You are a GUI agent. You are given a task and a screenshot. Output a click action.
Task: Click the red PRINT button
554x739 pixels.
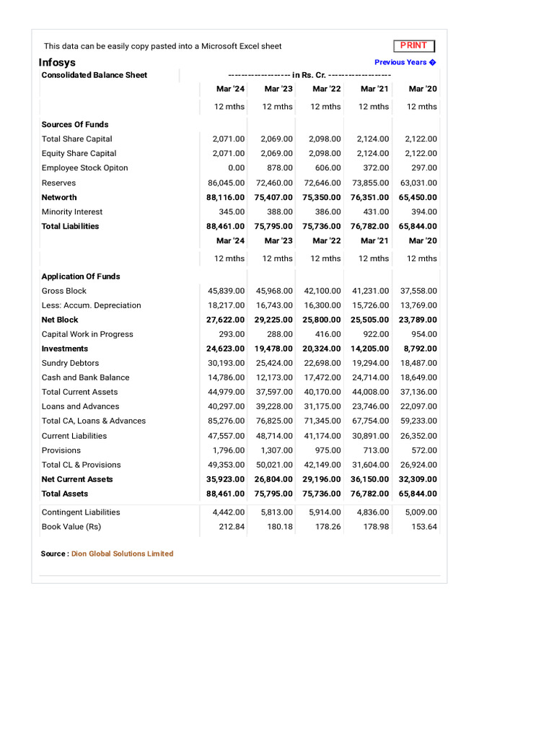pos(414,45)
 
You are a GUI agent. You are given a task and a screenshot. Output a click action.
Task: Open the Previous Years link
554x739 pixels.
pos(405,62)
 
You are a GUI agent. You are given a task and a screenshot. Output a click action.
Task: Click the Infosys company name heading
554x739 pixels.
pos(57,62)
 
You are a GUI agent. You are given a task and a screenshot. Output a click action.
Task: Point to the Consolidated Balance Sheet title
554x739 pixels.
pos(94,75)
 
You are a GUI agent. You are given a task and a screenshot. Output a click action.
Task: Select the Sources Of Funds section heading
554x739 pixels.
pos(75,124)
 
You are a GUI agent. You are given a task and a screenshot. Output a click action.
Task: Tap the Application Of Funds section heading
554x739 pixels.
pos(81,276)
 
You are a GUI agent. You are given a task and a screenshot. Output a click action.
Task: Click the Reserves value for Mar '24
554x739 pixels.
pos(227,183)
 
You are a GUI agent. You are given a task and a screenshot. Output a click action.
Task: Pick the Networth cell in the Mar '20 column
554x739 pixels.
pos(418,197)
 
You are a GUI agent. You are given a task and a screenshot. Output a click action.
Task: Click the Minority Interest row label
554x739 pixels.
pos(72,211)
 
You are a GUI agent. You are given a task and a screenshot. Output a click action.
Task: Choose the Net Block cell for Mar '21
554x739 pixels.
pos(369,320)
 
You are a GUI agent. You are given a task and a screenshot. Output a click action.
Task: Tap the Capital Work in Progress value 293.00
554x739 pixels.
pos(232,334)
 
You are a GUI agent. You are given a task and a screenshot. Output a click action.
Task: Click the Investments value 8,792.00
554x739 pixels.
pos(420,349)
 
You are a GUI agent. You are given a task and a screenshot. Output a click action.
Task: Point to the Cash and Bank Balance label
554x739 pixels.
pos(86,377)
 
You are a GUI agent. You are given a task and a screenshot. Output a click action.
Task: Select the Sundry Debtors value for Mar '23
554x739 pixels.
pos(274,363)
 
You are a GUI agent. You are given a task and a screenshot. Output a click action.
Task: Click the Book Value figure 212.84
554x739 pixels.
pos(232,527)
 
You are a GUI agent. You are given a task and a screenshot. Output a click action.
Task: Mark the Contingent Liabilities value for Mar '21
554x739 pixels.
pos(374,512)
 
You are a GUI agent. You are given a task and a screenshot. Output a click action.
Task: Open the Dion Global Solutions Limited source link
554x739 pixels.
pos(123,554)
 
